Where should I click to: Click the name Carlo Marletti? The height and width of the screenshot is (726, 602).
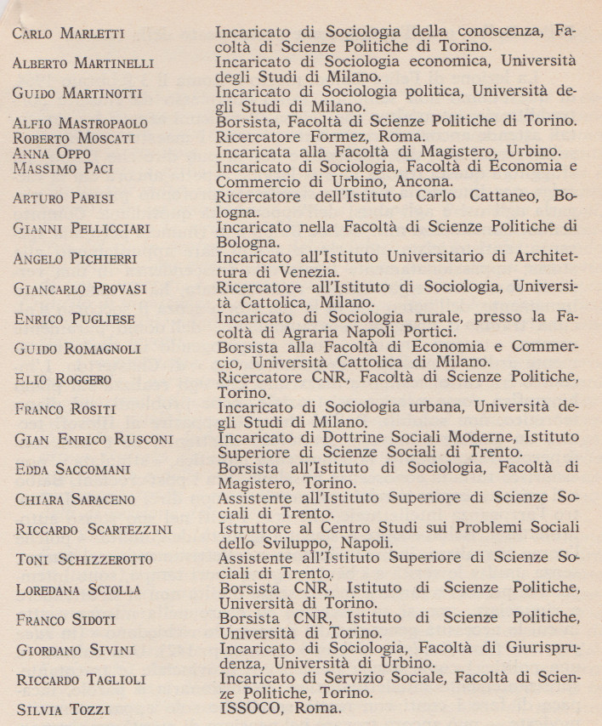click(69, 34)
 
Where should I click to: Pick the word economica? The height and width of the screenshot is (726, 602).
click(449, 61)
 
